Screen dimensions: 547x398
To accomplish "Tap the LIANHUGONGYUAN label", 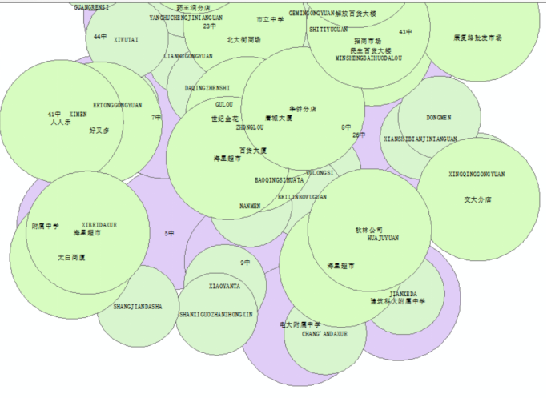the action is click(188, 57).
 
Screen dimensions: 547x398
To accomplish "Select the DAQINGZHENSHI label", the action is click(207, 88).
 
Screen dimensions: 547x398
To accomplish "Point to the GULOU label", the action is click(225, 104).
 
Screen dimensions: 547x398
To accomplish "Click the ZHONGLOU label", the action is click(250, 127).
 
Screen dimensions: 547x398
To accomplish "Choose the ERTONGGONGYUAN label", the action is click(117, 105).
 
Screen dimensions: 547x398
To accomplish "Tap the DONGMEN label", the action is click(439, 117).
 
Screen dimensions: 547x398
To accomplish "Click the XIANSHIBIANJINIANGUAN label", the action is click(420, 139).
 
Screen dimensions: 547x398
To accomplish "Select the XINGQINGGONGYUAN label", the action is click(477, 174).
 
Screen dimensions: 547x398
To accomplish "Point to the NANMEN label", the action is click(250, 206).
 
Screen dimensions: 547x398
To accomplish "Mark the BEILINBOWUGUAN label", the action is click(303, 196).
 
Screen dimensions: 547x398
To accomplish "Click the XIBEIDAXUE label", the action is click(99, 225).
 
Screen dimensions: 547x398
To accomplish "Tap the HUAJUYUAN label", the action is click(383, 238).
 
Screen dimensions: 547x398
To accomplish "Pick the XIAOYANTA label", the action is click(224, 286).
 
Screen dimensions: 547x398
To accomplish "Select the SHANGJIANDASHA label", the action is click(138, 307).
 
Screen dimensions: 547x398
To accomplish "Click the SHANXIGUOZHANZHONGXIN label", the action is click(216, 315).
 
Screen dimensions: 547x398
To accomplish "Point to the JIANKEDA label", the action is click(403, 294).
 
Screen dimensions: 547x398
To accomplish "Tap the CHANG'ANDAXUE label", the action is click(325, 333).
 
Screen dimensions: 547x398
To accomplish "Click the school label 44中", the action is click(99, 37).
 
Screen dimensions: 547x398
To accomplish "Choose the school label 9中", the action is click(245, 263).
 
